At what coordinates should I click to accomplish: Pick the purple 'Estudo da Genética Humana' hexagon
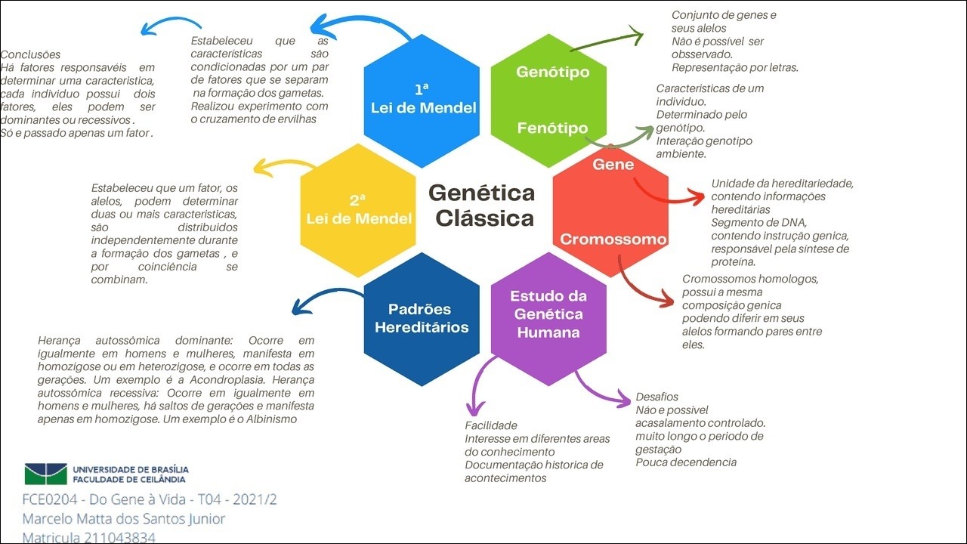pos(548,314)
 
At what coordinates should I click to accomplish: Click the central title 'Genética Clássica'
pos(482,205)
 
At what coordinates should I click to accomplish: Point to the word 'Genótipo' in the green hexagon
pos(552,72)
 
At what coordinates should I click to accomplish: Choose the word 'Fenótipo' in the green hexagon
pos(552,128)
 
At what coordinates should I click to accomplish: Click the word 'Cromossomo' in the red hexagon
pos(613,240)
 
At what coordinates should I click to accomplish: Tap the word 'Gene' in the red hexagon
pos(613,164)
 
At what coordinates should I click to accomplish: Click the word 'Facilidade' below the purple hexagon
pos(490,425)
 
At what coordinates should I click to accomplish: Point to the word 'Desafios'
pos(657,397)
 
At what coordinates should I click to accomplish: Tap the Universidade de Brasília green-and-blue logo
pos(45,474)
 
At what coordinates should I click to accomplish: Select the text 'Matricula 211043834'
pos(88,537)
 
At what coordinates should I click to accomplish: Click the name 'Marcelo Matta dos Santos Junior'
pos(124,519)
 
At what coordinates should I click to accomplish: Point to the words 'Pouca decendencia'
pos(686,462)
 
